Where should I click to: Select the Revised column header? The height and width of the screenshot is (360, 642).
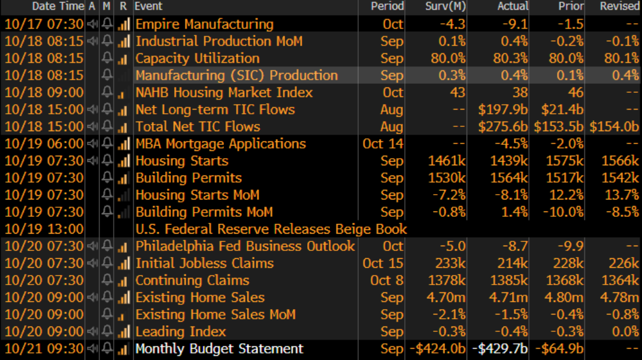[620, 6]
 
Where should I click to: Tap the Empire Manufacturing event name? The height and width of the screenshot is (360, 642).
[204, 25]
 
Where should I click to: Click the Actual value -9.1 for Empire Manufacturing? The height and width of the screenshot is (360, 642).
[515, 25]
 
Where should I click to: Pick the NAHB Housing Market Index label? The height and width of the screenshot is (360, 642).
[224, 93]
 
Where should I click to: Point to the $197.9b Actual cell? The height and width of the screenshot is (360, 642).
[503, 110]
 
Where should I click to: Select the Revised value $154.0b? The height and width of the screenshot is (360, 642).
[614, 127]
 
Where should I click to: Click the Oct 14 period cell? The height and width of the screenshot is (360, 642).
[383, 144]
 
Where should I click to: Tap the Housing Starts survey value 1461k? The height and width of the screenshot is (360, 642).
[447, 161]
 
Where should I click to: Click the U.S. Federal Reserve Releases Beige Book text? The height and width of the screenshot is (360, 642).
[271, 229]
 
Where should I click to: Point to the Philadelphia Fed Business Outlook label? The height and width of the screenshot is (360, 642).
[245, 246]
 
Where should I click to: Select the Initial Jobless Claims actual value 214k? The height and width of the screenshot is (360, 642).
[513, 264]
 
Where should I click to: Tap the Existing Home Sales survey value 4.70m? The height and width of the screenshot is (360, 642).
[447, 298]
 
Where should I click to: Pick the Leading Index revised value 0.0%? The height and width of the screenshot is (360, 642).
[626, 332]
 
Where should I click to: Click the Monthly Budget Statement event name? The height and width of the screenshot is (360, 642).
[219, 349]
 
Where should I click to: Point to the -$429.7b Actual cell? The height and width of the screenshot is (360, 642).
[500, 349]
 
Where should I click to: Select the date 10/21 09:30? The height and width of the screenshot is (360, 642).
[44, 349]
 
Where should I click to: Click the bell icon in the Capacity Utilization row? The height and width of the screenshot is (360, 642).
[107, 59]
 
